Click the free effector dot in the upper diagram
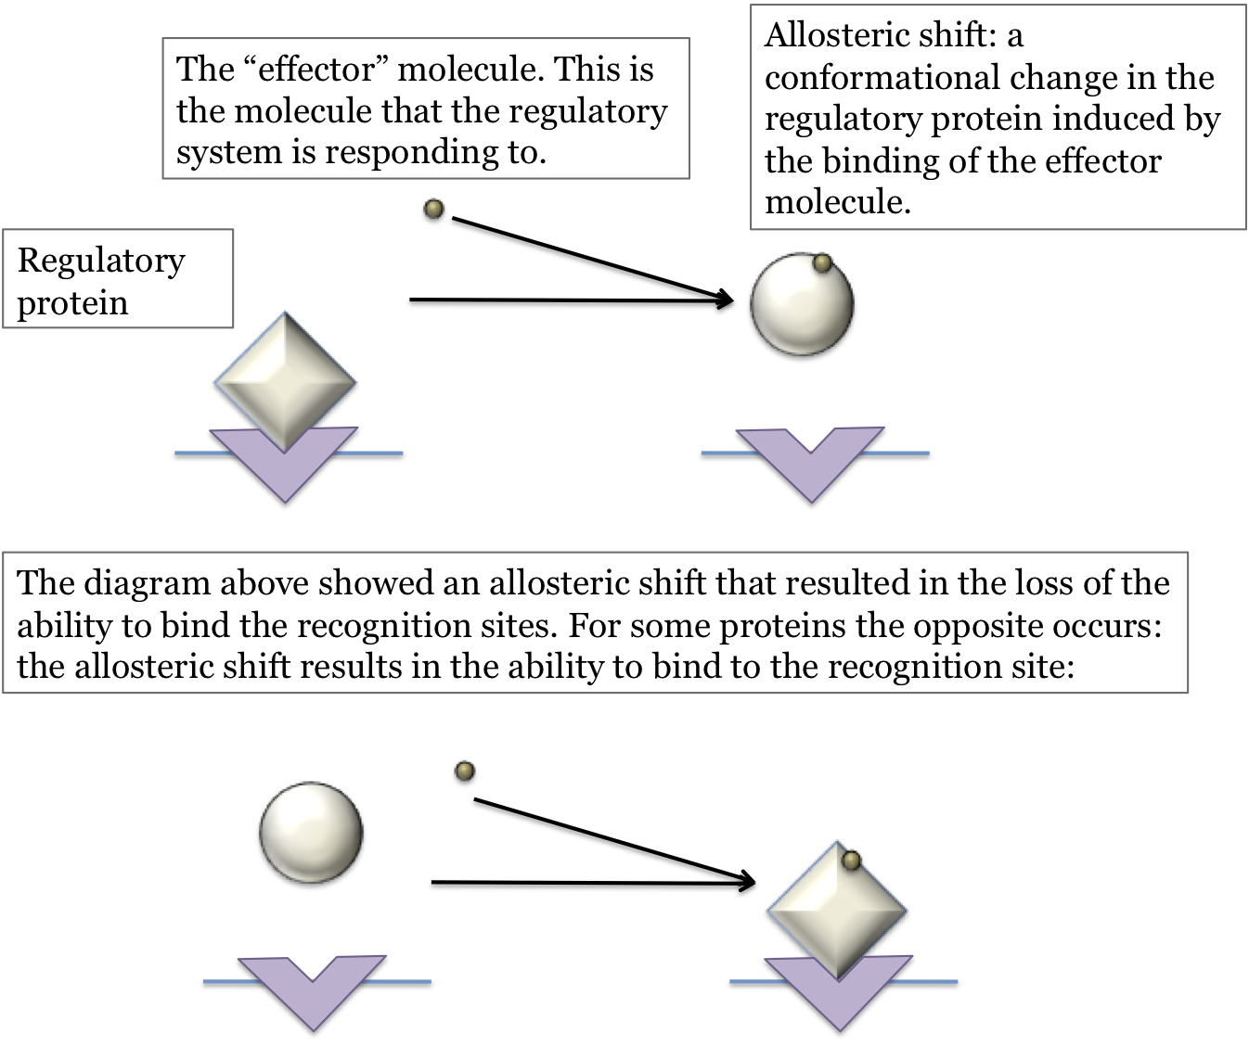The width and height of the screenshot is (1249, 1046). [433, 210]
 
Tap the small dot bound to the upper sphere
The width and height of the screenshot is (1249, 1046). [821, 263]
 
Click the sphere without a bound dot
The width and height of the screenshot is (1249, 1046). [311, 831]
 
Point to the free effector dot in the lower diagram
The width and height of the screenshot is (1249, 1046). [465, 771]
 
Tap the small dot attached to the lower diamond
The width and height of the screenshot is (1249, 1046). [851, 861]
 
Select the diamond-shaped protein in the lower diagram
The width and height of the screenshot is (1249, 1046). [836, 909]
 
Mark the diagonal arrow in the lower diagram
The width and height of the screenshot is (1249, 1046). [612, 838]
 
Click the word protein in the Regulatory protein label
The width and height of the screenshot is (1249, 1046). [72, 303]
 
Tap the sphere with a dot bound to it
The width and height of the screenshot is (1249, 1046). [801, 303]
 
